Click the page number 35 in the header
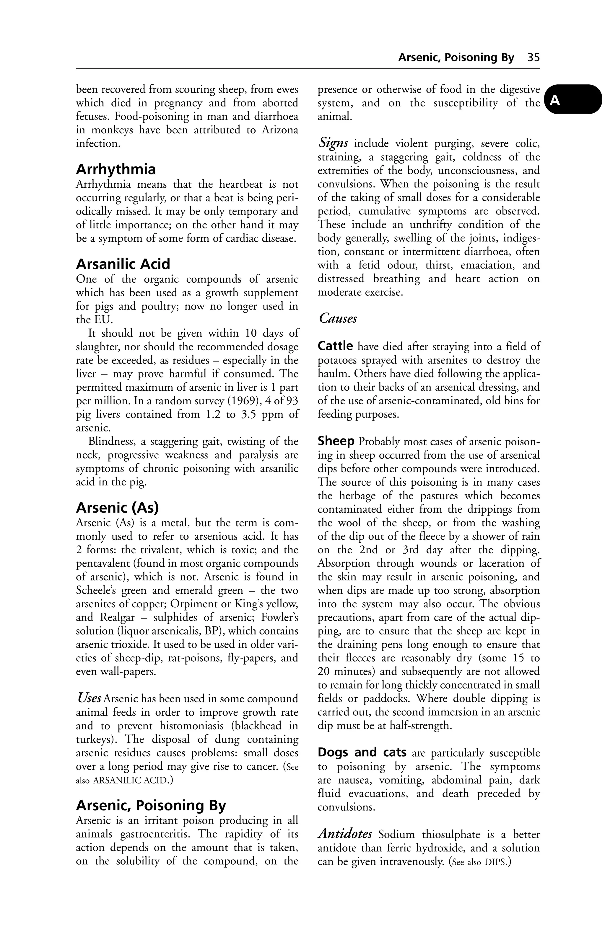coord(534,58)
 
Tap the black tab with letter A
coord(573,100)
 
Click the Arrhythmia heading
coord(116,169)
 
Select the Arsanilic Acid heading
coord(123,264)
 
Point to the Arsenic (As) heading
coord(117,508)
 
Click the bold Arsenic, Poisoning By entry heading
coord(151,806)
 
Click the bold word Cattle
coord(335,346)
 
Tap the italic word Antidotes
coord(345,834)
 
